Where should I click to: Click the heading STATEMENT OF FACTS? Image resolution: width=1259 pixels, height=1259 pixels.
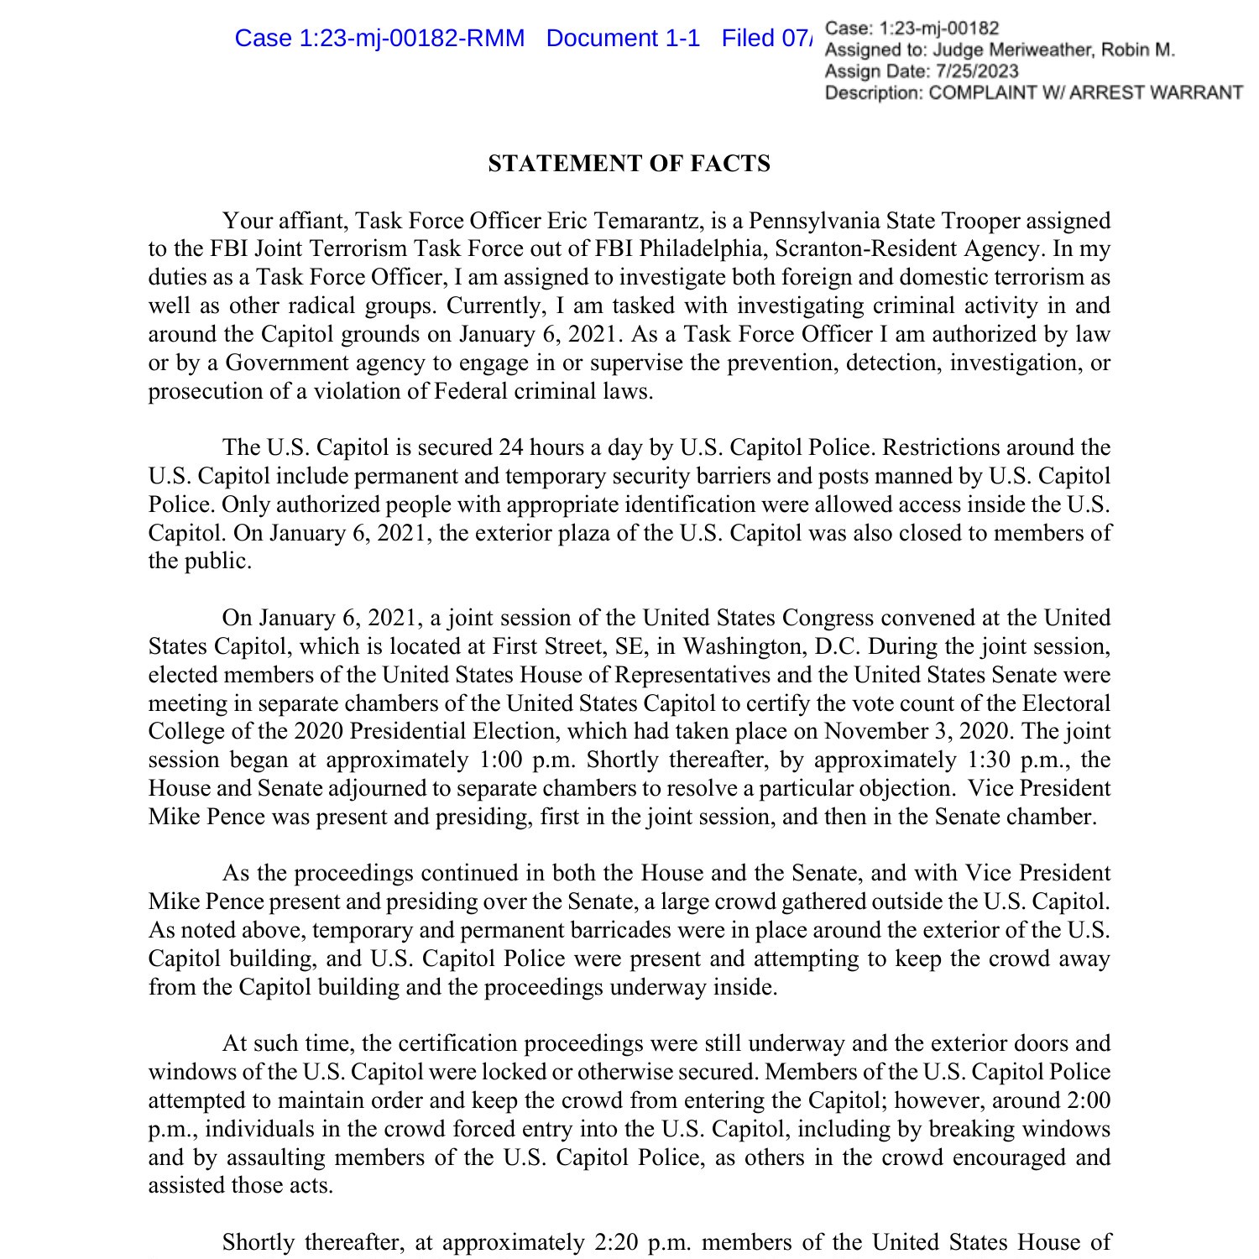[629, 164]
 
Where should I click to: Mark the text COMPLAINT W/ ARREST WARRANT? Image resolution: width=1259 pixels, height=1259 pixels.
[1085, 93]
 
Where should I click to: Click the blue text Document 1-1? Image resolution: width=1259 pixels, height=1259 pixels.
[623, 39]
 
